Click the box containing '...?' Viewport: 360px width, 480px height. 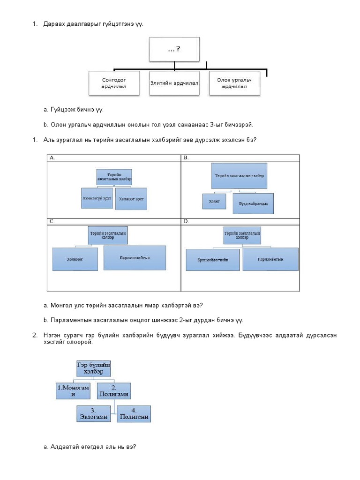171,50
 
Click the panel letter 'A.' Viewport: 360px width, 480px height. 52,158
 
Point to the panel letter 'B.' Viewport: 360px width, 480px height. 186,158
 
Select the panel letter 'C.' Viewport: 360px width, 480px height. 52,221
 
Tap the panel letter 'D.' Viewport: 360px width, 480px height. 186,221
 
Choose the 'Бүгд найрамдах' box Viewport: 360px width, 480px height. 253,203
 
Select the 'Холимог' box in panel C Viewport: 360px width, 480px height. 75,259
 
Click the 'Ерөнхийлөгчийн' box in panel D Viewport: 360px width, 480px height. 213,260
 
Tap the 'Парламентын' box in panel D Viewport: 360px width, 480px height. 270,258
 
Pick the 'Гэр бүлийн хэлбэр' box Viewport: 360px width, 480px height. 94,368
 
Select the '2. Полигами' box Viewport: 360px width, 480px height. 114,391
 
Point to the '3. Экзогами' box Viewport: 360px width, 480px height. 94,413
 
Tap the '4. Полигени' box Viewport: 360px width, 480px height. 134,413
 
